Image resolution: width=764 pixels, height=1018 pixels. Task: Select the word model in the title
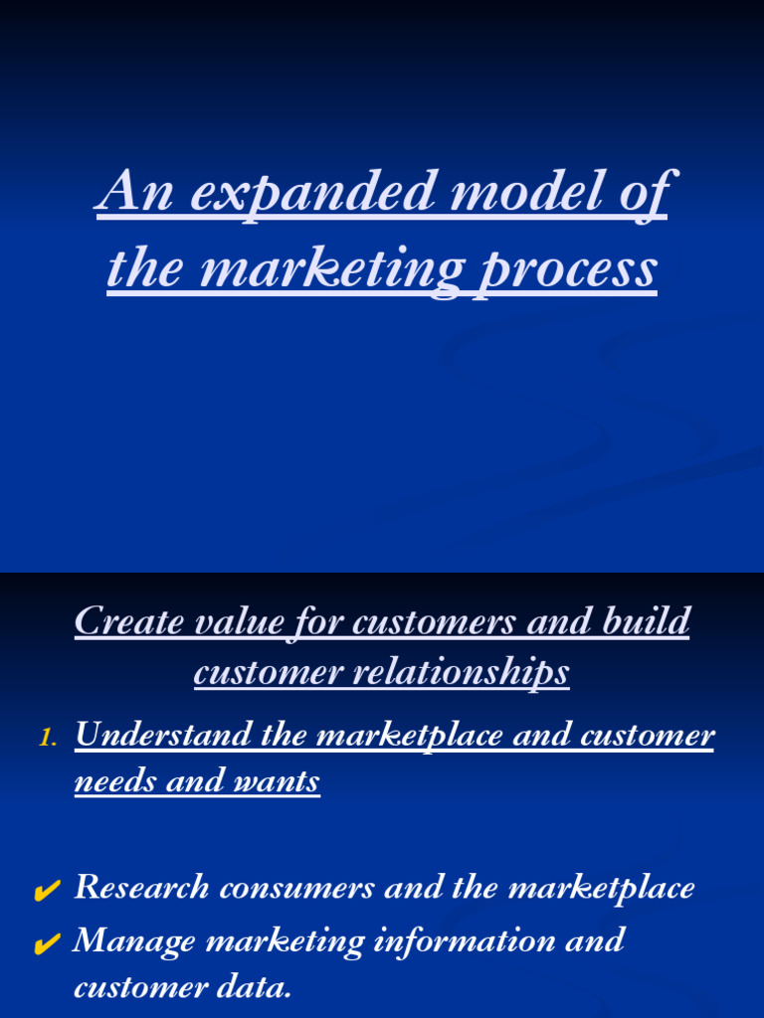coord(522,192)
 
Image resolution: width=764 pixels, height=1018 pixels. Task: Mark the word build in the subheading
coord(647,623)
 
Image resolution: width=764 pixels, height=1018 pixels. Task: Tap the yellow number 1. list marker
coord(49,738)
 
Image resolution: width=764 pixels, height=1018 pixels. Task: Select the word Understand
coord(164,736)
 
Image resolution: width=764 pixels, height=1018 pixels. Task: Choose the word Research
coord(142,888)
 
